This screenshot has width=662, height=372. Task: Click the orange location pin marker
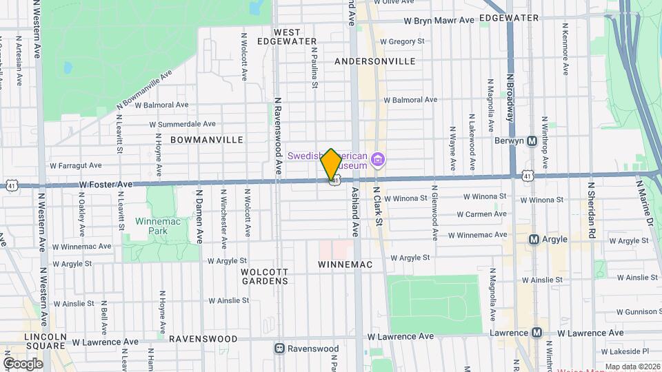[x=331, y=164]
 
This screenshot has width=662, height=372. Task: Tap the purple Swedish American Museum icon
[x=377, y=161]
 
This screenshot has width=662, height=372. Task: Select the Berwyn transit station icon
[x=532, y=141]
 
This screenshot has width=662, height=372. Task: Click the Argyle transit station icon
[x=533, y=239]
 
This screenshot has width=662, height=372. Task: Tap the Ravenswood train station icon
[x=279, y=349]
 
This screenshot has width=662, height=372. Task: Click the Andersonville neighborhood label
[x=374, y=61]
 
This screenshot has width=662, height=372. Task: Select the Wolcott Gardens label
[x=264, y=276]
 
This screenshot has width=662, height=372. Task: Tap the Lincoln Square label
[x=45, y=341]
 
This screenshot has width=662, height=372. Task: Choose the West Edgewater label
[x=288, y=37]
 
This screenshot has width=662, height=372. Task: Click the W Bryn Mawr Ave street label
[x=439, y=20]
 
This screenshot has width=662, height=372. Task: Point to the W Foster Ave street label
[x=106, y=185]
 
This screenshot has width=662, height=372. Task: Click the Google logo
[x=23, y=363]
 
